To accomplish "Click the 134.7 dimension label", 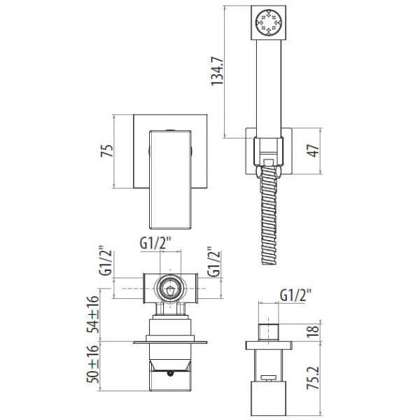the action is click(x=217, y=71).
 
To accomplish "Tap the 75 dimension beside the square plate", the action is click(x=107, y=150).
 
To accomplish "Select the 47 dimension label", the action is click(x=314, y=150).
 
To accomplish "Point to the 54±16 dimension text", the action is click(x=93, y=314).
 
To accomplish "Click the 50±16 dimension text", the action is click(x=93, y=365).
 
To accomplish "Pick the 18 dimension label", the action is click(x=314, y=331).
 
